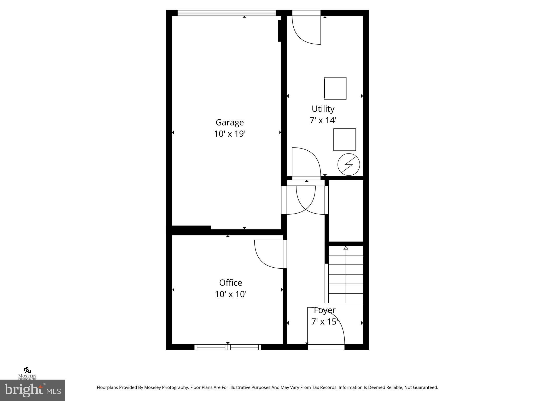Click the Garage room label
tap(230, 122)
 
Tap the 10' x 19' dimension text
tap(230, 134)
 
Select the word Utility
tap(323, 109)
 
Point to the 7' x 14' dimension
tap(323, 120)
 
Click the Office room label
tap(230, 283)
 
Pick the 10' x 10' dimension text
tap(231, 294)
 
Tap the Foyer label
tap(325, 310)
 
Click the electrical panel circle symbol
tap(348, 165)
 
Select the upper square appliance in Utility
tap(335, 88)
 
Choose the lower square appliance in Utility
tap(344, 140)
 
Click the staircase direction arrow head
tap(346, 248)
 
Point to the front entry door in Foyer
tap(326, 347)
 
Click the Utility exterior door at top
tap(306, 13)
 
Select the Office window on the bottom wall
tap(228, 347)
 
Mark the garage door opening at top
tap(226, 13)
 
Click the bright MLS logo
tap(33, 390)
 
